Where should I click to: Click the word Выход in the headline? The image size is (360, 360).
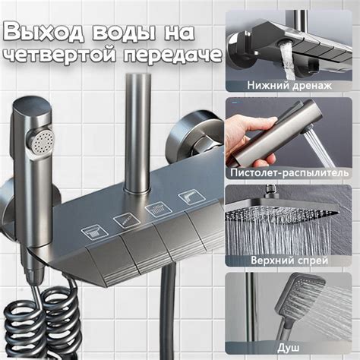tap(43, 33)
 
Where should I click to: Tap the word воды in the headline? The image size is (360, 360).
tap(124, 33)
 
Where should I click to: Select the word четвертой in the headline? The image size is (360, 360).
tap(61, 55)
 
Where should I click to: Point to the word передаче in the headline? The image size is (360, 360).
tap(173, 55)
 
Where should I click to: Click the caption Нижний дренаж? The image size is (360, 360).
tap(289, 85)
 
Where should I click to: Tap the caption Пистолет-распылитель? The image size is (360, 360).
tap(289, 173)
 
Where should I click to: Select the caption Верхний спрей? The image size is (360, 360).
tap(289, 261)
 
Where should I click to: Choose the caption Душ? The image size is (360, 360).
tap(288, 348)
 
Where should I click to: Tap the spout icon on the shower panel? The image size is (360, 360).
tap(191, 197)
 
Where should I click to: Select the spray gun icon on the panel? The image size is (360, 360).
tap(127, 220)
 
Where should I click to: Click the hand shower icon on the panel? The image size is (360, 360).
tap(95, 232)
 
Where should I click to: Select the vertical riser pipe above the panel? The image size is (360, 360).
tap(137, 131)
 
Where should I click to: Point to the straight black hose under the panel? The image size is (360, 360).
tap(169, 311)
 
